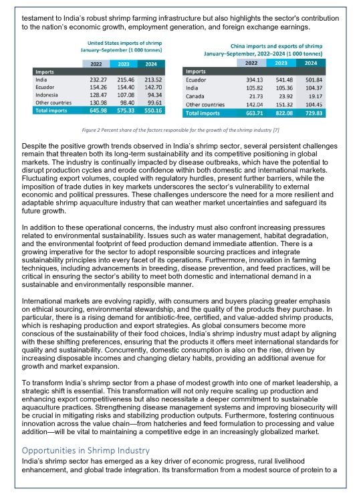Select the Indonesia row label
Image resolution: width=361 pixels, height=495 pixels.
point(47,95)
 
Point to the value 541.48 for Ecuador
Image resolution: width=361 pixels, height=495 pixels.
point(281,80)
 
